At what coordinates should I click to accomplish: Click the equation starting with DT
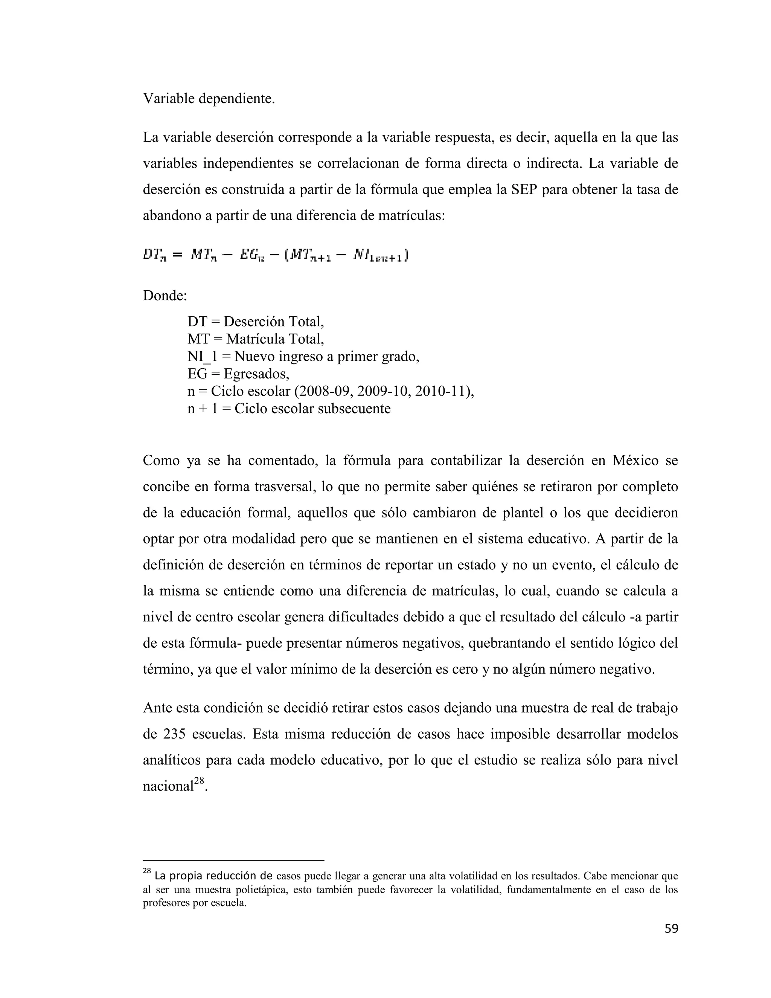click(x=276, y=255)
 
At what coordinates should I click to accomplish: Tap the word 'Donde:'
click(x=165, y=296)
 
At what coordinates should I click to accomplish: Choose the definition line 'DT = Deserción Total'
click(x=255, y=322)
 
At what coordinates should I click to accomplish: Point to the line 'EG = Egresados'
click(x=238, y=374)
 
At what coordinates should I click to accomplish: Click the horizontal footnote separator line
click(x=233, y=860)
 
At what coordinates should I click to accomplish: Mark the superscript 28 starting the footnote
click(x=146, y=871)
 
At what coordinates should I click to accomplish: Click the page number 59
click(x=671, y=929)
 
